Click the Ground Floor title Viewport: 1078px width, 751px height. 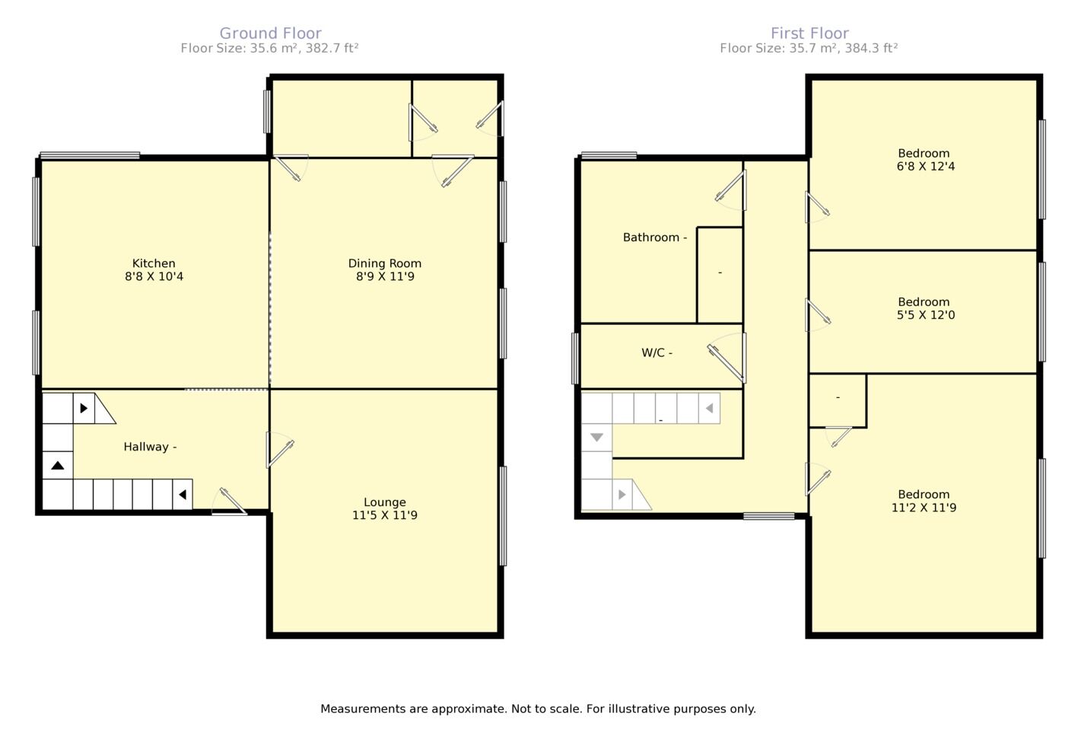(x=270, y=33)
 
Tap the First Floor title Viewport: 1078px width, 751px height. (x=809, y=33)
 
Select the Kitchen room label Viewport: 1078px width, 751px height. (x=154, y=263)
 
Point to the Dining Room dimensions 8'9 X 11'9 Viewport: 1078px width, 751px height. (x=384, y=277)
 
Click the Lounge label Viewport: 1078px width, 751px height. (x=384, y=502)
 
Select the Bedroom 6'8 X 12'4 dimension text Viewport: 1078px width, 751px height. (x=925, y=167)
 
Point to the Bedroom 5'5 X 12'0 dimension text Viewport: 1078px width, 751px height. (x=925, y=315)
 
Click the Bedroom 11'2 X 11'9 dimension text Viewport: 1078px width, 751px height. (x=924, y=508)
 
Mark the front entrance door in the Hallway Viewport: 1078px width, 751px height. (x=230, y=503)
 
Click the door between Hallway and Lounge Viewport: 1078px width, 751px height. (x=278, y=450)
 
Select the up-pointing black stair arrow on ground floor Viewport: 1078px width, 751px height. (x=58, y=465)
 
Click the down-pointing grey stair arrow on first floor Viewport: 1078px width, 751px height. (x=596, y=438)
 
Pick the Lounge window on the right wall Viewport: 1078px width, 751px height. (x=502, y=516)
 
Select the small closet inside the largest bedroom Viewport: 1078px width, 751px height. (x=837, y=400)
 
